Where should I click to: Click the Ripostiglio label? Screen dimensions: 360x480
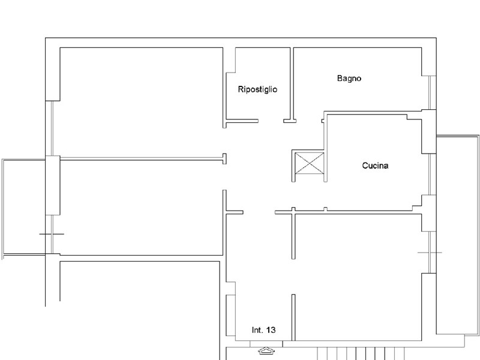(257, 89)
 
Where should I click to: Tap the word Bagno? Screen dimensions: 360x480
(349, 78)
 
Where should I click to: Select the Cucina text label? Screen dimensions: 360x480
(375, 166)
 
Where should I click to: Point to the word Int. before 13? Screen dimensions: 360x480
(257, 330)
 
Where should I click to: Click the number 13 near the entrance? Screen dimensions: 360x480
(271, 330)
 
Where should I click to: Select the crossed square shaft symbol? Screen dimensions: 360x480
(309, 163)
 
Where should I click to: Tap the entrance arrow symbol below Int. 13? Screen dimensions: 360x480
(265, 351)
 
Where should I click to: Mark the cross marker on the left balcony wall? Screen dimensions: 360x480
(52, 233)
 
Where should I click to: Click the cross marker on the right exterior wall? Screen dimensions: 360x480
(430, 253)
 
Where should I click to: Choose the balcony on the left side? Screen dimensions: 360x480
(24, 207)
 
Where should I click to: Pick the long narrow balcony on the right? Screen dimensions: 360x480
(458, 234)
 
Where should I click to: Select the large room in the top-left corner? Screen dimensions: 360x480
(141, 102)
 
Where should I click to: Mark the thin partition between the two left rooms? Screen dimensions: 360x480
(141, 159)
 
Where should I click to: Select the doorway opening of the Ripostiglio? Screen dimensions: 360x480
(271, 122)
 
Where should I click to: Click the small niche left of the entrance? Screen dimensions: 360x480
(230, 315)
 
